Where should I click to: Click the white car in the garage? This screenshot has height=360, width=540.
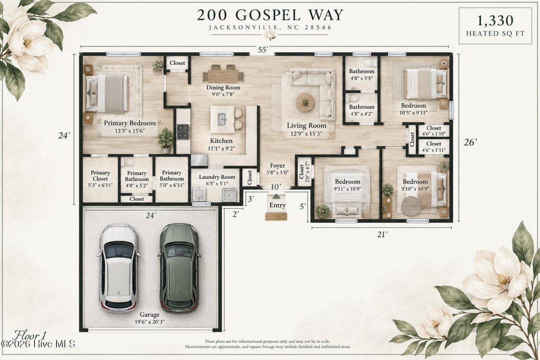click(119, 268)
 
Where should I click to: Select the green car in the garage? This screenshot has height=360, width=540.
click(179, 268)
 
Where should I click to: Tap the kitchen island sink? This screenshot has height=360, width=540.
click(222, 119)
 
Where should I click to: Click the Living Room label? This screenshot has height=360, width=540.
click(306, 126)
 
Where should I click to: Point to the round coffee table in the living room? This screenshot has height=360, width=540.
click(305, 102)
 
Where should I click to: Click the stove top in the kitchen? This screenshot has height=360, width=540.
click(183, 132)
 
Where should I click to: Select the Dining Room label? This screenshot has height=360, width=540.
click(223, 87)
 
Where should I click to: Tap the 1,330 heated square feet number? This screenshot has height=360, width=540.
click(495, 21)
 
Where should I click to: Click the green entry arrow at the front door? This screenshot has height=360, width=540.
click(276, 196)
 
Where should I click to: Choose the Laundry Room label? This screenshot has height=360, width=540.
click(217, 177)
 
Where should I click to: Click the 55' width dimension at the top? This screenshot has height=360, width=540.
click(263, 50)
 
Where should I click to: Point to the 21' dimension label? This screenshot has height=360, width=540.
click(382, 234)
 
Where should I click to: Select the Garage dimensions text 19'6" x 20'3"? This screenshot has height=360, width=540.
click(149, 322)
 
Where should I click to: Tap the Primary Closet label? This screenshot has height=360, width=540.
click(100, 176)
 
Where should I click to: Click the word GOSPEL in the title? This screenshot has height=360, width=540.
click(268, 15)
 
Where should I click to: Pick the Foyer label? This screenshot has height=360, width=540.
click(278, 166)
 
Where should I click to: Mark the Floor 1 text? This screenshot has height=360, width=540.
click(29, 336)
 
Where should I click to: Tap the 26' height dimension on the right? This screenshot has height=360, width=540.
click(470, 143)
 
